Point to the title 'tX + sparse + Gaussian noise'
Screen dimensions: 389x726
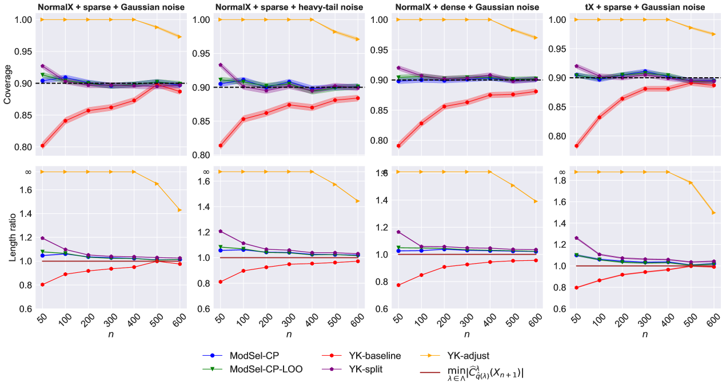pyautogui.click(x=639, y=7)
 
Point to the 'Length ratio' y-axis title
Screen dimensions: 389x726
pyautogui.click(x=13, y=237)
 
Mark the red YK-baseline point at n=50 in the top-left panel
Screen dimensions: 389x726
pyautogui.click(x=42, y=146)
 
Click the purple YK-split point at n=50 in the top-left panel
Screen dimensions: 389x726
pyautogui.click(x=42, y=66)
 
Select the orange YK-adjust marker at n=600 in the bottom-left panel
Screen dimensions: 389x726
pyautogui.click(x=180, y=210)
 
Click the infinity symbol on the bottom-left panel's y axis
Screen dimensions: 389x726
pyautogui.click(x=27, y=172)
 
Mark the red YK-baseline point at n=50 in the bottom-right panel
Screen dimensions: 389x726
pyautogui.click(x=576, y=288)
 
